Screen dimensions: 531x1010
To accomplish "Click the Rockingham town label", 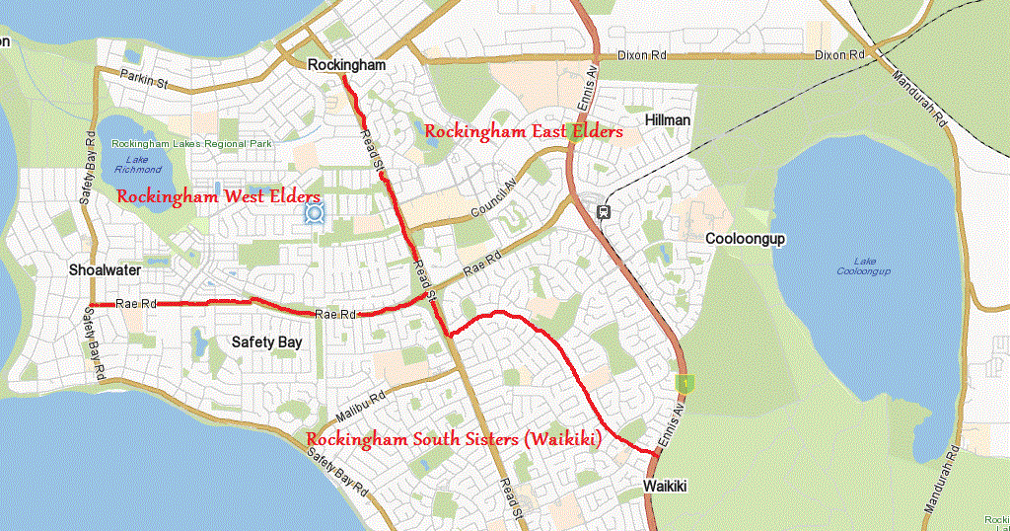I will click(x=345, y=65).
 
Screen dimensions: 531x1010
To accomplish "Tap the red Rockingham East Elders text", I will click(x=523, y=131).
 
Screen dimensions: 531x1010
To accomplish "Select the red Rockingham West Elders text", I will click(x=218, y=196).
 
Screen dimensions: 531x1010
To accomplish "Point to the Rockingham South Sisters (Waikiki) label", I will click(x=454, y=439).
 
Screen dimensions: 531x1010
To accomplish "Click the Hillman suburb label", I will click(x=668, y=119).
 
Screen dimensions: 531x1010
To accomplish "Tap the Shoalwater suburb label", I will click(x=106, y=269).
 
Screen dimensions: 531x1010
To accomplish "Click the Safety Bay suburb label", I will click(x=266, y=342).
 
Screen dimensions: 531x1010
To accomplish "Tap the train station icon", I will click(x=603, y=210).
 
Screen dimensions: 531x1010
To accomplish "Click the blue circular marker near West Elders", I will click(x=316, y=212).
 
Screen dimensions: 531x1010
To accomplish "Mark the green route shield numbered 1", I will click(x=680, y=381).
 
